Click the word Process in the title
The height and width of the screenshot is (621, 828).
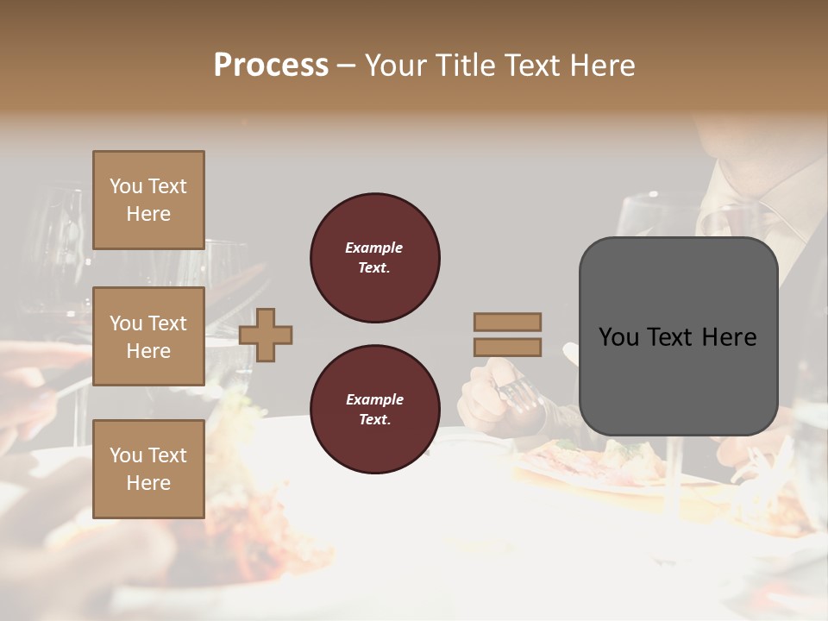(271, 66)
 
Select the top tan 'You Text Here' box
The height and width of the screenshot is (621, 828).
(148, 200)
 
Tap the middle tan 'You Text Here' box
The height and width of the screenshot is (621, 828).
(148, 336)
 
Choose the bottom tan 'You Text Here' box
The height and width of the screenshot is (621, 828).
(148, 468)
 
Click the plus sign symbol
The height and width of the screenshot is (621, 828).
(266, 335)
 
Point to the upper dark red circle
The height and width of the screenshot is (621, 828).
(374, 258)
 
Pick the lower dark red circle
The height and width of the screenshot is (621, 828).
(374, 410)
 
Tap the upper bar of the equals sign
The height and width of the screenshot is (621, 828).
(507, 322)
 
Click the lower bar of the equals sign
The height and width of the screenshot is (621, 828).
(507, 348)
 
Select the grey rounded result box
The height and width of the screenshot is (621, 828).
(678, 336)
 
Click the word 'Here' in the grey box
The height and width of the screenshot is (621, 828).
(729, 337)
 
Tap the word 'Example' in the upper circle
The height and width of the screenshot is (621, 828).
(374, 248)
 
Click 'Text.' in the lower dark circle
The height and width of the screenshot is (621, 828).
(374, 420)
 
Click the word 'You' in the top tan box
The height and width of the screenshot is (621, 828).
(126, 186)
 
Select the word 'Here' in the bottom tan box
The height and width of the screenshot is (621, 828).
(148, 483)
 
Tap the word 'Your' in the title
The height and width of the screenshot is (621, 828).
(396, 66)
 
